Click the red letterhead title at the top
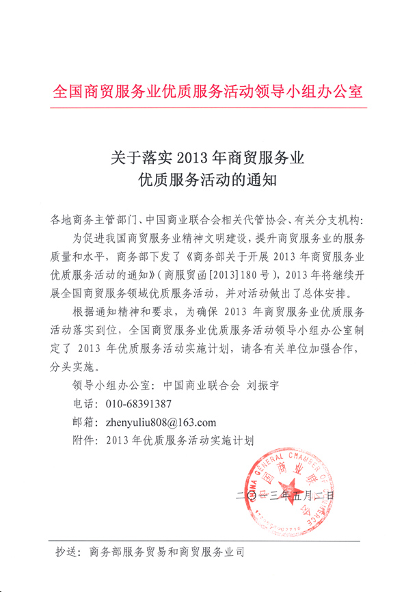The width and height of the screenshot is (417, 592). (x=208, y=92)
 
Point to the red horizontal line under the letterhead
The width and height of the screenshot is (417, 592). (x=208, y=107)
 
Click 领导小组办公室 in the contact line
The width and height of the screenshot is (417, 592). (x=113, y=384)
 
